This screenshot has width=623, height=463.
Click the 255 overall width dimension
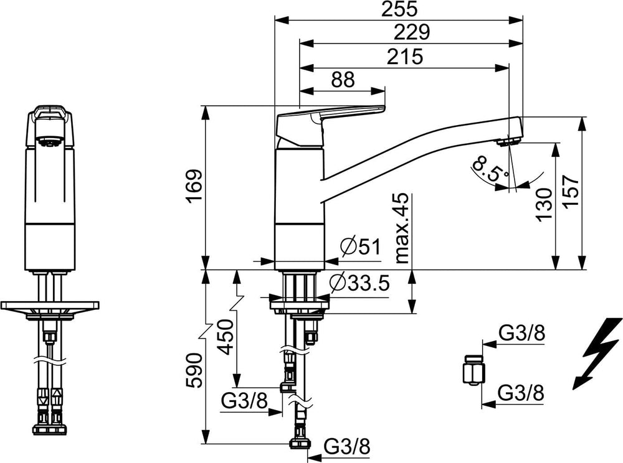399,9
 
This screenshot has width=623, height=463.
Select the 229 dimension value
412,32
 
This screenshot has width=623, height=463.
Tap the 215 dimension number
405,57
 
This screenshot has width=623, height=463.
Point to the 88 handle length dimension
343,80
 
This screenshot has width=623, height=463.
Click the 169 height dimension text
194,187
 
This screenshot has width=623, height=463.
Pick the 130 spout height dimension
544,205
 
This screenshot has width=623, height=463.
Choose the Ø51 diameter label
361,247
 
